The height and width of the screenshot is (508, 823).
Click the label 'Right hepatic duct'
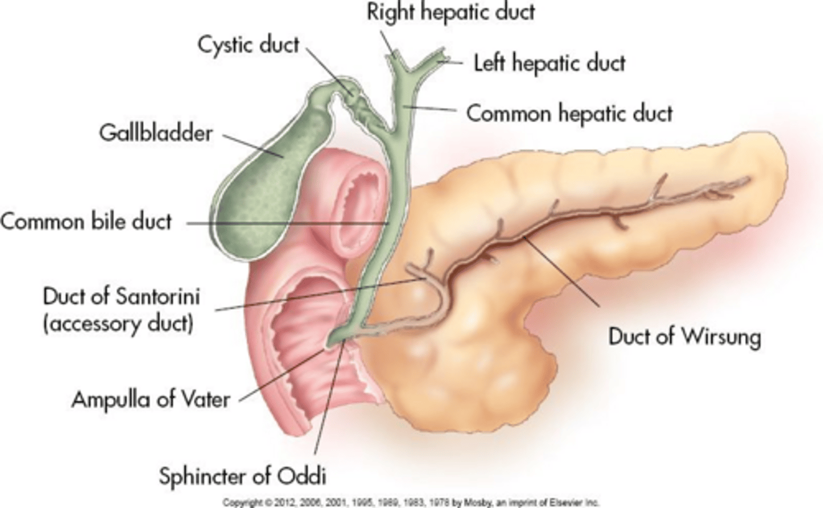pyautogui.click(x=451, y=13)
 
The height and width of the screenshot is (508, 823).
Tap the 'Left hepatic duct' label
pyautogui.click(x=549, y=63)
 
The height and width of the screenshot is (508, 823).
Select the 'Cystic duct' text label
pyautogui.click(x=249, y=45)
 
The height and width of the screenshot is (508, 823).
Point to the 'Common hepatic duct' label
pyautogui.click(x=569, y=114)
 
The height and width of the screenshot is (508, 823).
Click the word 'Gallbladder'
pyautogui.click(x=156, y=133)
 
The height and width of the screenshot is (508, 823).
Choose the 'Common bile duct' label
pyautogui.click(x=86, y=222)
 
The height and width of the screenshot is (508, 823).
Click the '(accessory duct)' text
pyautogui.click(x=118, y=324)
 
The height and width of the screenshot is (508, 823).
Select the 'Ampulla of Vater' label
pyautogui.click(x=151, y=399)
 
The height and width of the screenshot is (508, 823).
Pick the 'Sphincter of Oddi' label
pyautogui.click(x=242, y=477)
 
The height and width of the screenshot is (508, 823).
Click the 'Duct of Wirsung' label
pyautogui.click(x=685, y=337)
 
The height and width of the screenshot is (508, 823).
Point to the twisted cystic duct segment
pyautogui.click(x=358, y=104)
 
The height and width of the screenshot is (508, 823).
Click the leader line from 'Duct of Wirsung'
pyautogui.click(x=561, y=272)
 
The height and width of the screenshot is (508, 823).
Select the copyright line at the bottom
pyautogui.click(x=411, y=502)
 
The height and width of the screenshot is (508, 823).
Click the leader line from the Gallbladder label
pyautogui.click(x=253, y=146)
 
